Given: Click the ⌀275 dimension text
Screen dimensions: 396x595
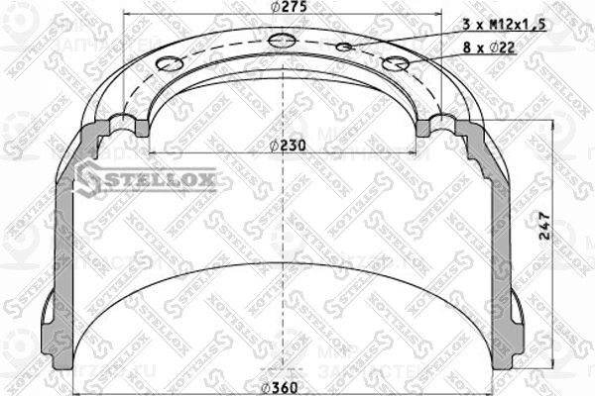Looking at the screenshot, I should click(x=287, y=9).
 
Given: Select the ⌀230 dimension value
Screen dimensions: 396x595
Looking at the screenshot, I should click(x=288, y=145).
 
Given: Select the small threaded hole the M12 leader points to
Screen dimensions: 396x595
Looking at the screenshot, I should click(x=344, y=48).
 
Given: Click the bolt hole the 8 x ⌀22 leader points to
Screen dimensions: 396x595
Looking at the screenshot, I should click(x=398, y=63).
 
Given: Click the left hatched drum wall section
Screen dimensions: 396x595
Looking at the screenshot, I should click(x=59, y=257).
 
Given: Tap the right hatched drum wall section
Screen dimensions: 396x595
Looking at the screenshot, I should click(x=517, y=257).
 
